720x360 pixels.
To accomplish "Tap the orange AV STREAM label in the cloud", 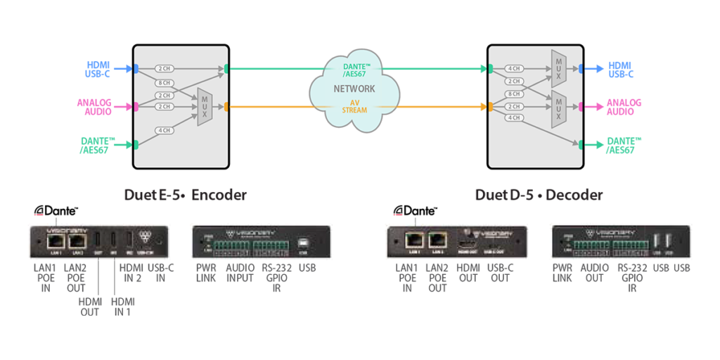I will [355, 106].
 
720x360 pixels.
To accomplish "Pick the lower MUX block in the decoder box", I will [558, 108].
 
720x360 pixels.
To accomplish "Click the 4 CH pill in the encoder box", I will [164, 130].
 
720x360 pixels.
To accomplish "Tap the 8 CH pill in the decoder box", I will [513, 94].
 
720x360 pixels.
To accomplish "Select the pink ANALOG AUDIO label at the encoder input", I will [94, 107].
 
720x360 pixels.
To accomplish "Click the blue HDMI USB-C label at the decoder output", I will [621, 69].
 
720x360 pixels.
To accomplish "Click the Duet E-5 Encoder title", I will [185, 195].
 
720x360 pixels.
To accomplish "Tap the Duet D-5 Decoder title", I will [539, 195].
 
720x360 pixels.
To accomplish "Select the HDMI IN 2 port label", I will [131, 272].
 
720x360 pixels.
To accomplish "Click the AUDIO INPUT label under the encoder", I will [240, 272].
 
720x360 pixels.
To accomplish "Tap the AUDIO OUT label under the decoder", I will [594, 272].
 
